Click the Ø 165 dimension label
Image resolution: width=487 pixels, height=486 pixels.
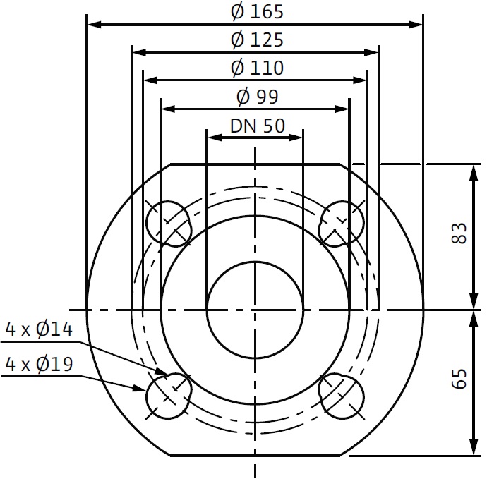[257, 12]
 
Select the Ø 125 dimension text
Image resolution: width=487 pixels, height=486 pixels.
[257, 40]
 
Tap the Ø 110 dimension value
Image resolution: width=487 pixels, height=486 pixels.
[257, 68]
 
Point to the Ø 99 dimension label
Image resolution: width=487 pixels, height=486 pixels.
[257, 97]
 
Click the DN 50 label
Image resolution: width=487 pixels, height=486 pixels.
[258, 126]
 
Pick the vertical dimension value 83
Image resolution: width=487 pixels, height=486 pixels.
[459, 233]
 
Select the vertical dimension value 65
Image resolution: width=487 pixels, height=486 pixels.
[459, 379]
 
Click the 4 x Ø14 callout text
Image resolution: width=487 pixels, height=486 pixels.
[39, 329]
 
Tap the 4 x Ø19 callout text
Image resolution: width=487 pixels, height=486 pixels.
[39, 364]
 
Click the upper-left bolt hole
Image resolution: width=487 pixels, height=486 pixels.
[169, 224]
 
